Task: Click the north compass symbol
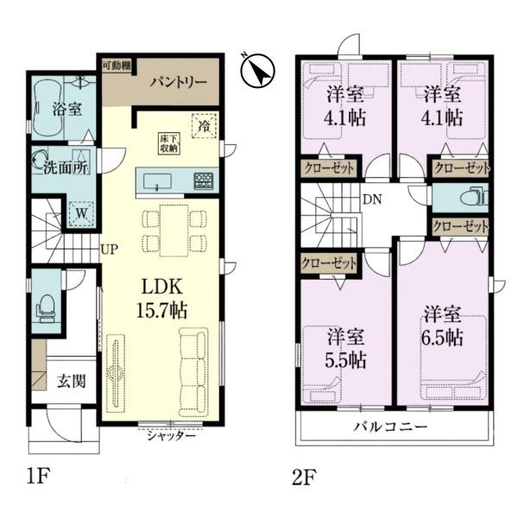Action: (258, 71)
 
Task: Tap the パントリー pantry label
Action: (179, 82)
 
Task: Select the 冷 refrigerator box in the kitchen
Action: (204, 125)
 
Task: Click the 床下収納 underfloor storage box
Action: (169, 143)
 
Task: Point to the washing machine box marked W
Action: (82, 213)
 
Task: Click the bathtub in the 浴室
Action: (47, 107)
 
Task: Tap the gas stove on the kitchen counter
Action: (203, 181)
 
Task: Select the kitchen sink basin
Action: (157, 181)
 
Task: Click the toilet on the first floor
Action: (47, 308)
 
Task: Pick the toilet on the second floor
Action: (473, 198)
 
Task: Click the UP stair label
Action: (109, 249)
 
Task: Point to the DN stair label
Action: (372, 199)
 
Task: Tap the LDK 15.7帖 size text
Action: (162, 299)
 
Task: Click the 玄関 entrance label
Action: (72, 382)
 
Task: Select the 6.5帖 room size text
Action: (442, 338)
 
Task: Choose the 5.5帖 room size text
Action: (345, 360)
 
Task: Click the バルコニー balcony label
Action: (390, 426)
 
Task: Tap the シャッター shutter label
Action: (172, 436)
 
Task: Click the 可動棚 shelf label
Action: (117, 65)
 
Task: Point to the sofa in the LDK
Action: (194, 371)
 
